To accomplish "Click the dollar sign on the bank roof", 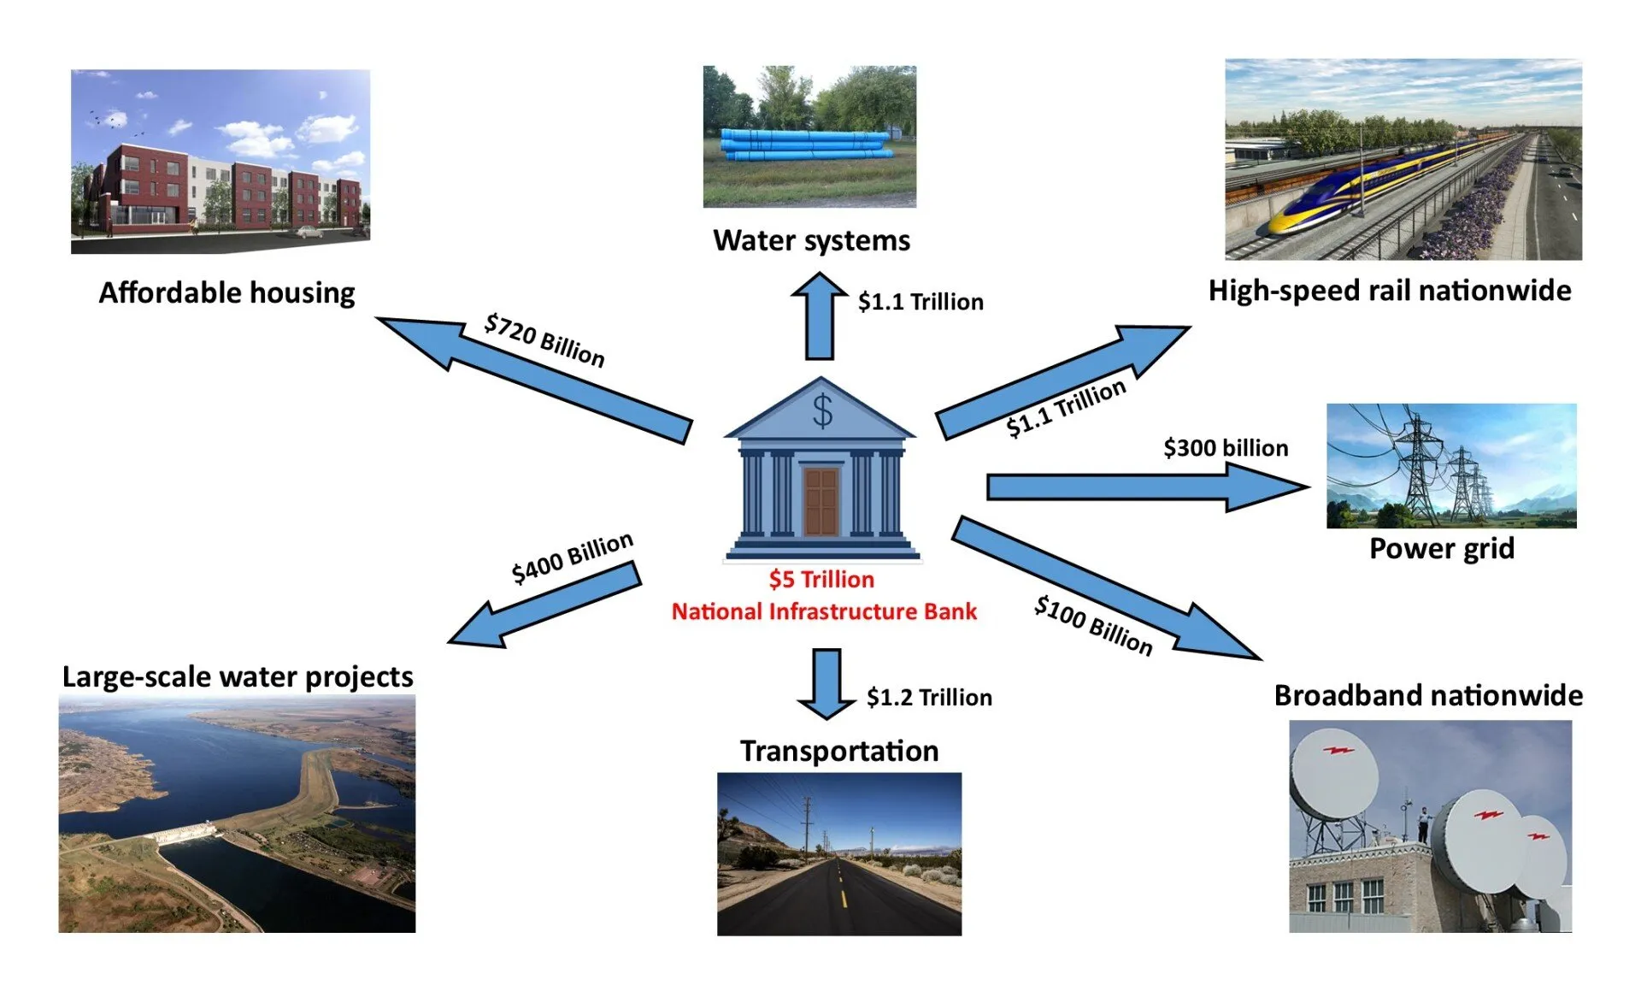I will (821, 411).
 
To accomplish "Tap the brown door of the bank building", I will (821, 501).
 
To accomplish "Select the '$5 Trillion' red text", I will (821, 580).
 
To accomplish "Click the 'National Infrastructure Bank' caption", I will (824, 611).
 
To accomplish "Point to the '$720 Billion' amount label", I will (544, 339).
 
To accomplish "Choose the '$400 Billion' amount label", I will (572, 557).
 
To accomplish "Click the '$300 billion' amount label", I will (1225, 448).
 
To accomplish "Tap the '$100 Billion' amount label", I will (1093, 625).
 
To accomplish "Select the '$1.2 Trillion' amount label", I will (929, 698).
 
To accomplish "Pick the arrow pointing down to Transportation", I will (826, 682).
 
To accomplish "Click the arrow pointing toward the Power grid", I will (1145, 487).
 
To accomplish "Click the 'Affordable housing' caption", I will (226, 293).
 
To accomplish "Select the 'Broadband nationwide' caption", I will (1427, 696).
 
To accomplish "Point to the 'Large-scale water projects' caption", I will (238, 677).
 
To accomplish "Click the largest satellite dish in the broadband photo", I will (1333, 774).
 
